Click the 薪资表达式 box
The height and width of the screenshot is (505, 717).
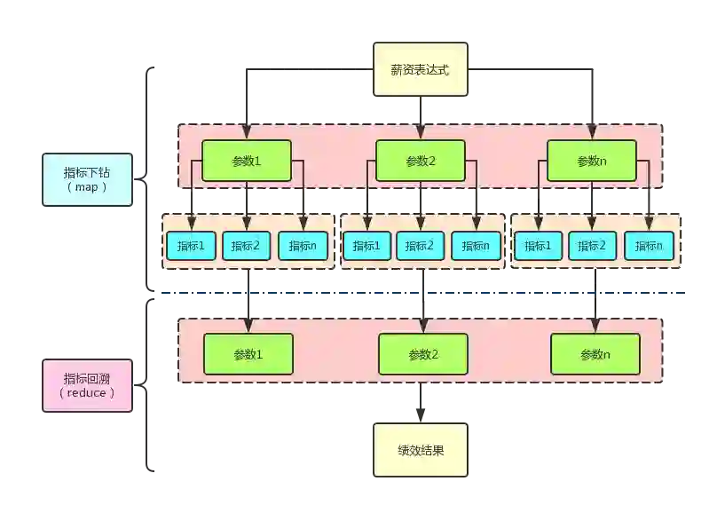point(420,69)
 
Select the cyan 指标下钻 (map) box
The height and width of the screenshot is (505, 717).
point(87,178)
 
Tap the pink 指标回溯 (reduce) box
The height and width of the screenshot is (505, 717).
point(87,385)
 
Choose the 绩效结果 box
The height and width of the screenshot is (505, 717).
point(420,450)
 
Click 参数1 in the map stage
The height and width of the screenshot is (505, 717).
point(246,161)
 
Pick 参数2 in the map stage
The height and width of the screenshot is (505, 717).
point(421,161)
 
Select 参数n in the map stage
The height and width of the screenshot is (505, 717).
point(591,161)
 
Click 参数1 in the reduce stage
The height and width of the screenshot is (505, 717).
point(248,354)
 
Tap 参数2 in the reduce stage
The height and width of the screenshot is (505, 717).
point(422,354)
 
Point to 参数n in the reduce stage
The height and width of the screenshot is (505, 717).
point(595,354)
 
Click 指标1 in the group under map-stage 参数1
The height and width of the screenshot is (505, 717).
point(191,246)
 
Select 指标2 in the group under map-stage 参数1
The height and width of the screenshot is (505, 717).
point(246,246)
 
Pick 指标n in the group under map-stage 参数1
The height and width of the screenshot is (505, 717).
point(303,246)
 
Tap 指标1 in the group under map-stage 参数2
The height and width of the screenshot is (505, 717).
point(366,246)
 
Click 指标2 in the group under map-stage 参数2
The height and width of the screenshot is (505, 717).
point(421,246)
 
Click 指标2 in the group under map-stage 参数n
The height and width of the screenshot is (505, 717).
point(593,246)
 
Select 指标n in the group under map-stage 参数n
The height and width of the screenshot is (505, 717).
point(649,246)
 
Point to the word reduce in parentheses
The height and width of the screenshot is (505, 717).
point(87,392)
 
